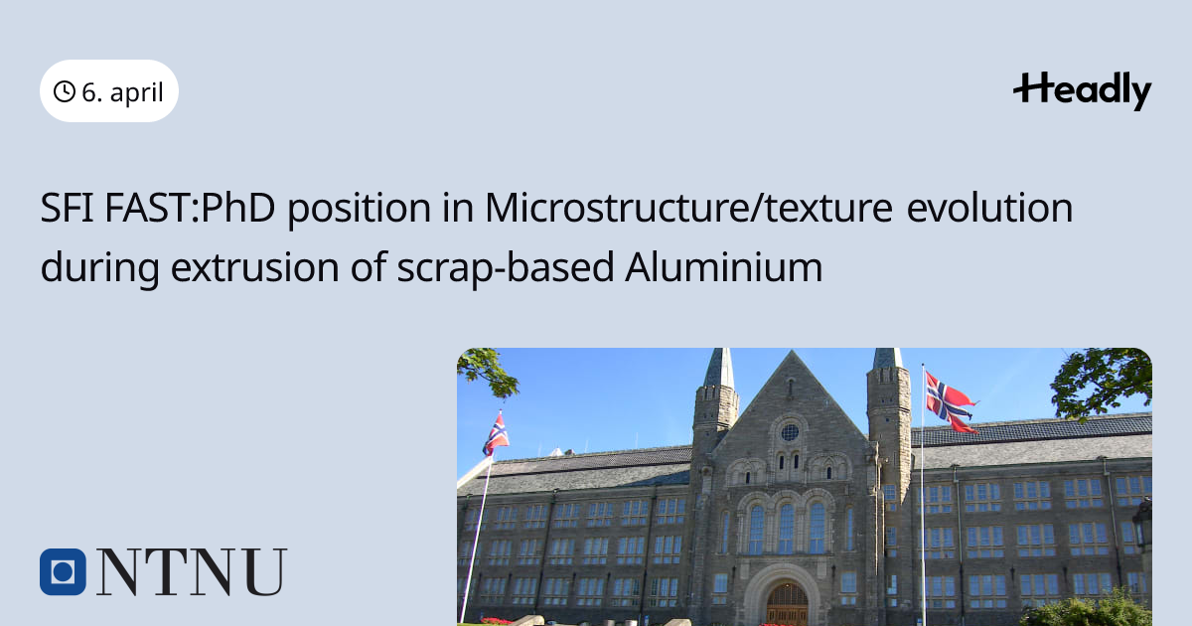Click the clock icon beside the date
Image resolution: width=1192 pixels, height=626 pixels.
coord(65,91)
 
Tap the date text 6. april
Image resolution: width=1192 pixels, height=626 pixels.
coord(122,92)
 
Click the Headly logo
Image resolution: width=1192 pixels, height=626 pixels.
coord(1083,91)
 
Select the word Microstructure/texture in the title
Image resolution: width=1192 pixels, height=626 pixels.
coord(688,208)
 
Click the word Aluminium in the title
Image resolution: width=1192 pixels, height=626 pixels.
coord(724,266)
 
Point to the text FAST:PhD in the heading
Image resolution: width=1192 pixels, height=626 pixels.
coord(190,208)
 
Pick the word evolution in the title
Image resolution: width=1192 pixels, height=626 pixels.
coord(989,208)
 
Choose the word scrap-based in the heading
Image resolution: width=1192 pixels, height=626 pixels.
coord(506,267)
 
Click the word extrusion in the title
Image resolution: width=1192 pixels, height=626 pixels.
coord(255,267)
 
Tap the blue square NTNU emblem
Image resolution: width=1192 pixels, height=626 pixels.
coord(63,571)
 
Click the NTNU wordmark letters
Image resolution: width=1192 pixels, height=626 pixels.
coord(192,571)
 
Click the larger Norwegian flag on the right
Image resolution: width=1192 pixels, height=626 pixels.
coord(951,402)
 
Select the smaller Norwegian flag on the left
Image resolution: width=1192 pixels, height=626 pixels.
coord(496,434)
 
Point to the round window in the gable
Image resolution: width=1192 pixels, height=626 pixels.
coord(790,432)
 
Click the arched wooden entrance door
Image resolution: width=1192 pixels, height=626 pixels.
coord(787,604)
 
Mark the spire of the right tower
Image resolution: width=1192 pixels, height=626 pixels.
coord(889,359)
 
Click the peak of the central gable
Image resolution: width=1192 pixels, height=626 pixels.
coord(792,352)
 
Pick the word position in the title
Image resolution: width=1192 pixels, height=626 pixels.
coord(360,209)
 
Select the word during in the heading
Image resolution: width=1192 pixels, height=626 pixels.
coord(99,267)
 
